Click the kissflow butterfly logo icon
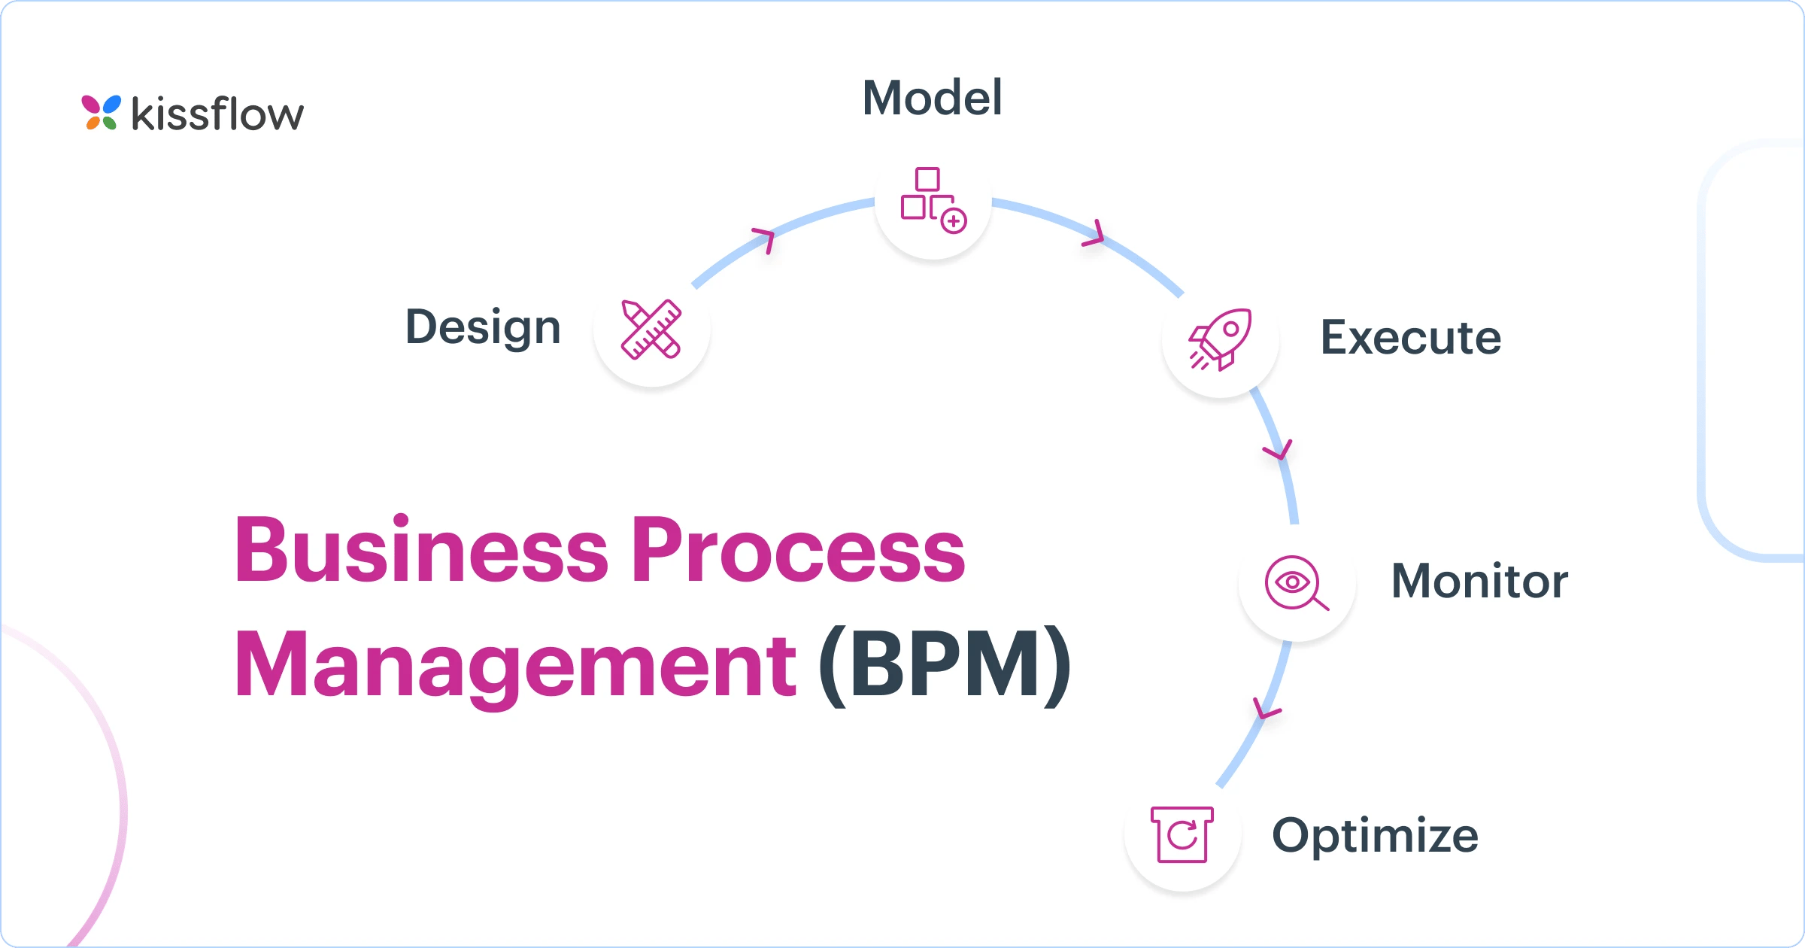pyautogui.click(x=101, y=113)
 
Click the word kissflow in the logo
pyautogui.click(x=218, y=114)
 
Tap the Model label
pyautogui.click(x=932, y=98)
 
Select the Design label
pyautogui.click(x=484, y=327)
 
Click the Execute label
pyautogui.click(x=1411, y=337)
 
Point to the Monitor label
pyautogui.click(x=1479, y=581)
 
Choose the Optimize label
pyautogui.click(x=1375, y=835)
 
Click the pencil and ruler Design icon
pyautogui.click(x=651, y=330)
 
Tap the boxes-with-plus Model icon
pyautogui.click(x=933, y=200)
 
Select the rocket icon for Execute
pyautogui.click(x=1220, y=339)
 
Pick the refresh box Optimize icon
pyautogui.click(x=1182, y=834)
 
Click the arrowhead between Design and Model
pyautogui.click(x=766, y=239)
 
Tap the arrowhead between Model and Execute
pyautogui.click(x=1094, y=234)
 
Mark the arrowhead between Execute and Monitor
pyautogui.click(x=1278, y=451)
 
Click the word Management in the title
pyautogui.click(x=515, y=666)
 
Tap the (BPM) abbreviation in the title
pyautogui.click(x=945, y=666)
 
